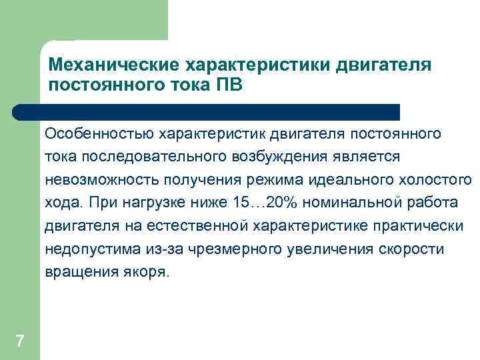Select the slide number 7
click(19, 341)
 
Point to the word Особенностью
click(99, 133)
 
